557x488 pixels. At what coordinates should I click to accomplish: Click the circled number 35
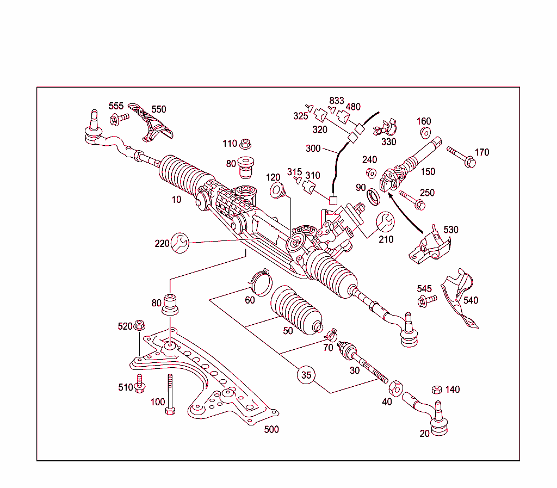[x=306, y=375]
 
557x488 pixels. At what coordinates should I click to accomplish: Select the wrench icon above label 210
[x=386, y=221]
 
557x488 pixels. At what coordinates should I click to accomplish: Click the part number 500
[x=271, y=430]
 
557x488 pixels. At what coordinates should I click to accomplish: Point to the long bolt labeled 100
[x=170, y=394]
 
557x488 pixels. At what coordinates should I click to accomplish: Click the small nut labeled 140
[x=436, y=390]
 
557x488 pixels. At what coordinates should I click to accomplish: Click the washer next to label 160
[x=424, y=132]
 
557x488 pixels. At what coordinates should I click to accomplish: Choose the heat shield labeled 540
[x=460, y=299]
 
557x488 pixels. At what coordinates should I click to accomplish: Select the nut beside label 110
[x=245, y=144]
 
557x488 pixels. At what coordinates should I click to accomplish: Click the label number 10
[x=176, y=200]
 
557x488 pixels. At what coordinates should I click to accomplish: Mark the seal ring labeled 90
[x=374, y=196]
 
